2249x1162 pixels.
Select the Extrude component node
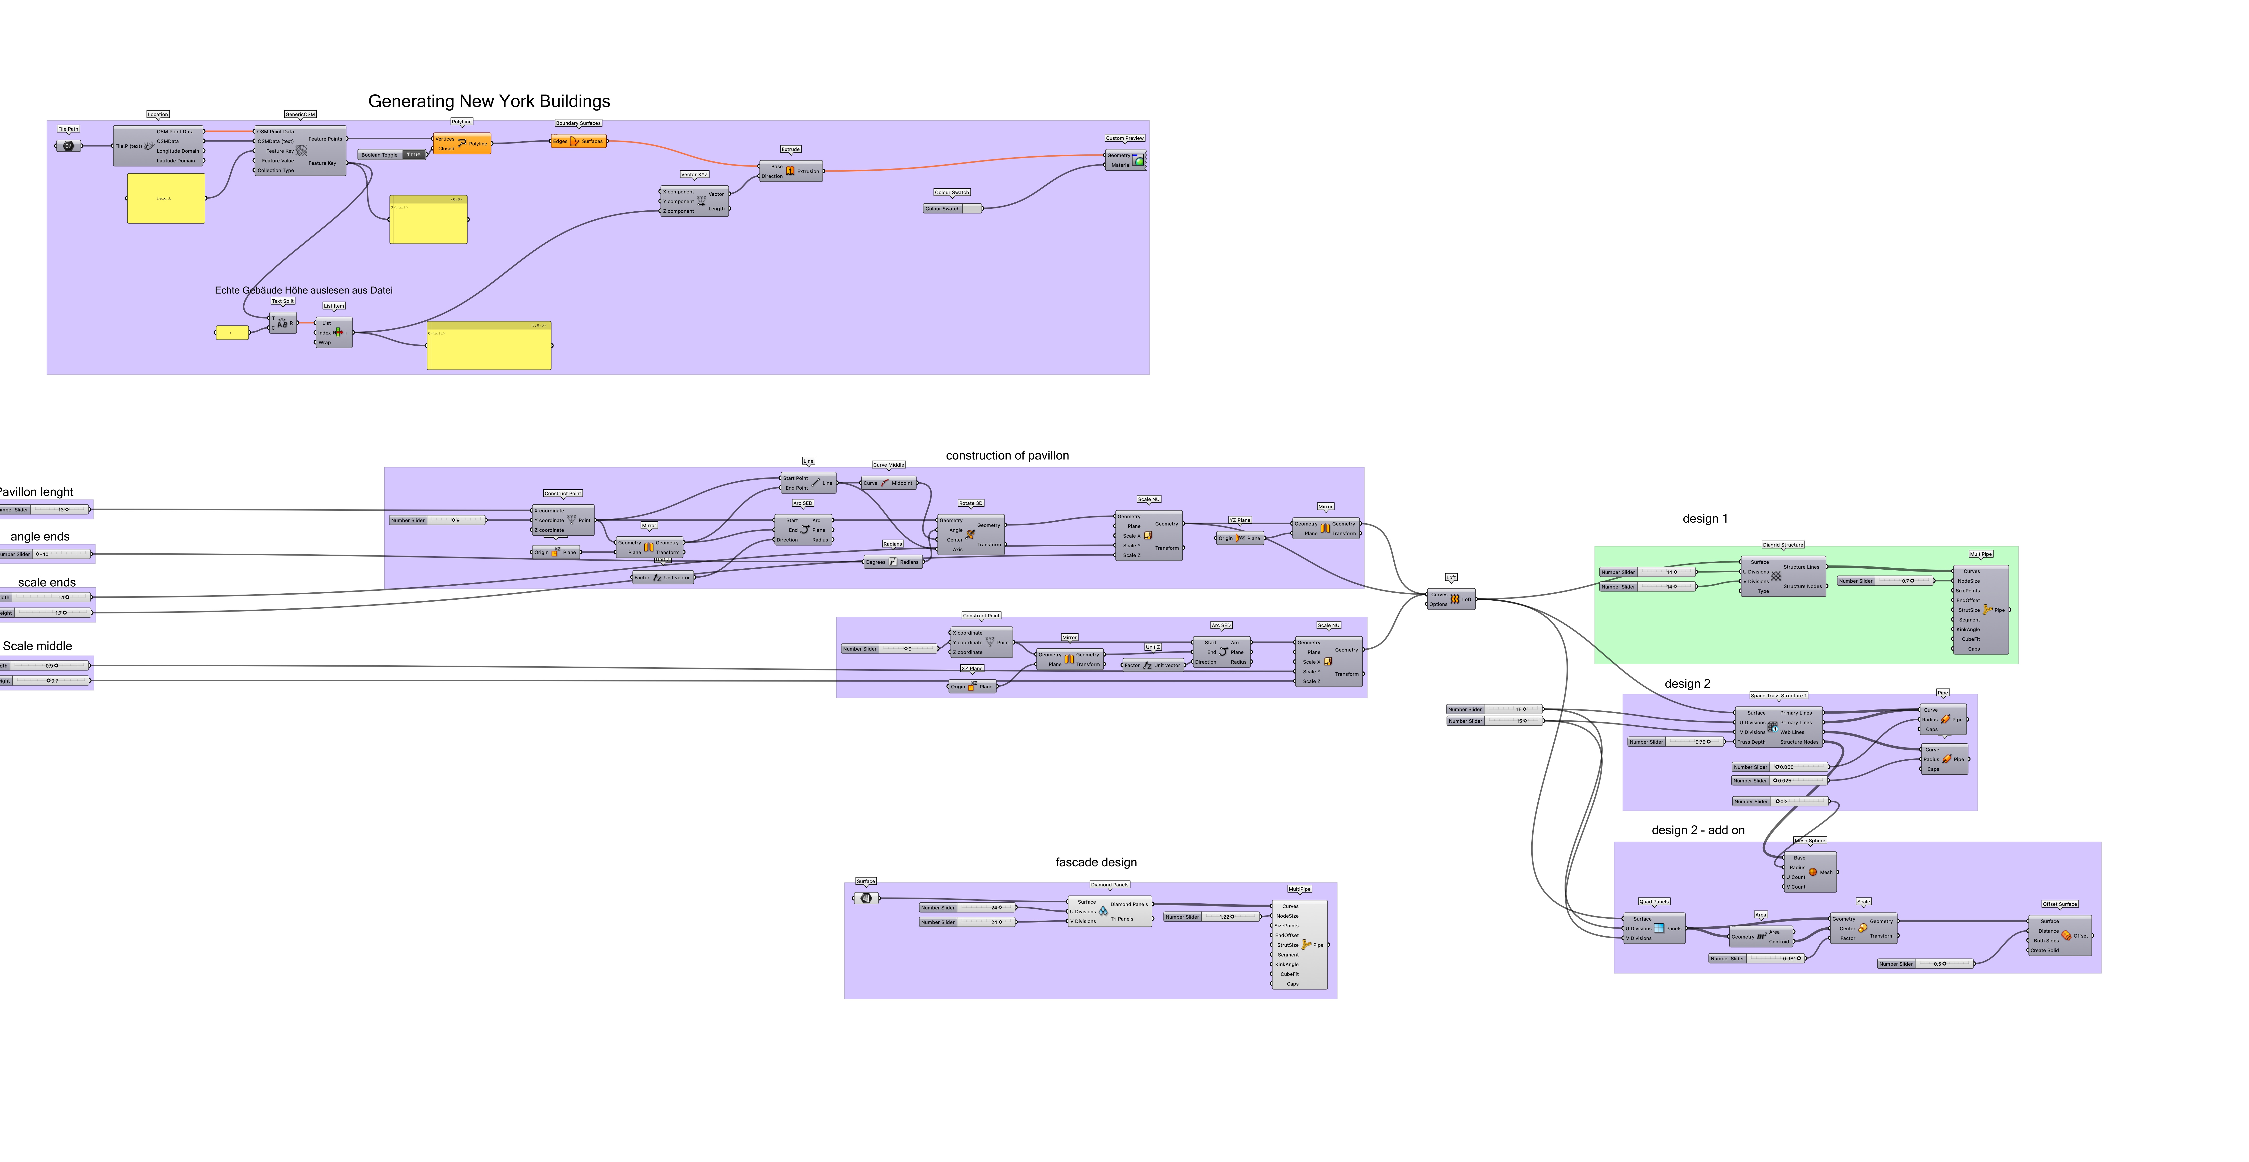click(x=790, y=171)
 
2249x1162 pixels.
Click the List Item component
click(x=334, y=333)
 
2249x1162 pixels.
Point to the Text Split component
click(x=282, y=323)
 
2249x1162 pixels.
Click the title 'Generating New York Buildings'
click(x=489, y=101)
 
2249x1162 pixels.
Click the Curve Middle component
click(x=889, y=483)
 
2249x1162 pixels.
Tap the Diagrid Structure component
click(x=1782, y=576)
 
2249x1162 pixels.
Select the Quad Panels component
click(x=1655, y=928)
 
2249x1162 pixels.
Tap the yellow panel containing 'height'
click(x=166, y=198)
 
